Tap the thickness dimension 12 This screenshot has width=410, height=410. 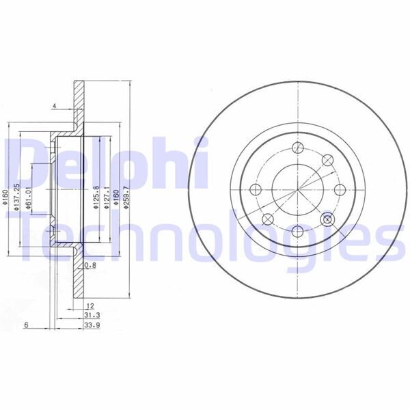[x=88, y=305]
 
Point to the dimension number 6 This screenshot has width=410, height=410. [x=25, y=325]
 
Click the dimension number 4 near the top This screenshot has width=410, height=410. [x=53, y=106]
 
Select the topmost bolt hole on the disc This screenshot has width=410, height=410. [x=298, y=146]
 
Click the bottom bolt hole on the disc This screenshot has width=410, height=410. [x=298, y=234]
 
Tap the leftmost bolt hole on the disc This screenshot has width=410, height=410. [x=256, y=190]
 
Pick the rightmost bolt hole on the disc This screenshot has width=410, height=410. [x=340, y=190]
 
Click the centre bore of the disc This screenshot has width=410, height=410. [x=298, y=190]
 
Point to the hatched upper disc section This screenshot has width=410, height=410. [x=78, y=102]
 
